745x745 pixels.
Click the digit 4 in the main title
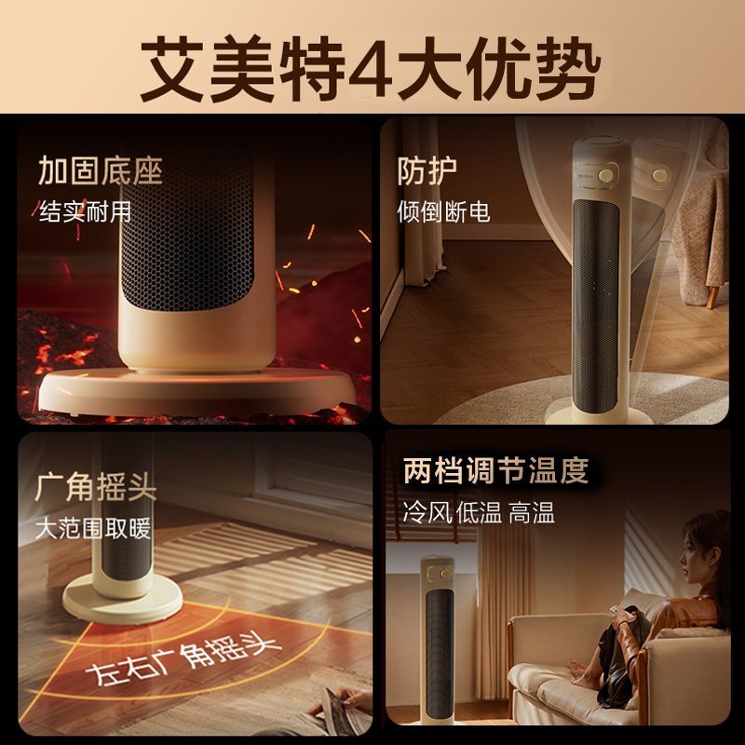tap(371, 68)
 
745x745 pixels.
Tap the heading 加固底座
tap(101, 170)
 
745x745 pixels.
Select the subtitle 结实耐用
tap(85, 211)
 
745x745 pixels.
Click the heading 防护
tap(427, 170)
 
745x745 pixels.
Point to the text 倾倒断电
tap(443, 211)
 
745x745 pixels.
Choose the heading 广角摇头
tap(96, 486)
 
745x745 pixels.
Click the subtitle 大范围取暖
tap(93, 528)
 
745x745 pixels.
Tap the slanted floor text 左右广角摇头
tap(183, 658)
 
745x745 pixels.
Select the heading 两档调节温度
tap(496, 471)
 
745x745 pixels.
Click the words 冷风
tap(427, 513)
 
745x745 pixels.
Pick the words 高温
tap(532, 513)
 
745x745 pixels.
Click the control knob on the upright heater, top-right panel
tap(604, 175)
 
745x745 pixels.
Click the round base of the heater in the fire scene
tap(197, 389)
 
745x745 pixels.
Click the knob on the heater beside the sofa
tap(446, 574)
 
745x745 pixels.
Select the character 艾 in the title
tap(171, 68)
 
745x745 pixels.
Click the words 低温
tap(479, 513)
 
